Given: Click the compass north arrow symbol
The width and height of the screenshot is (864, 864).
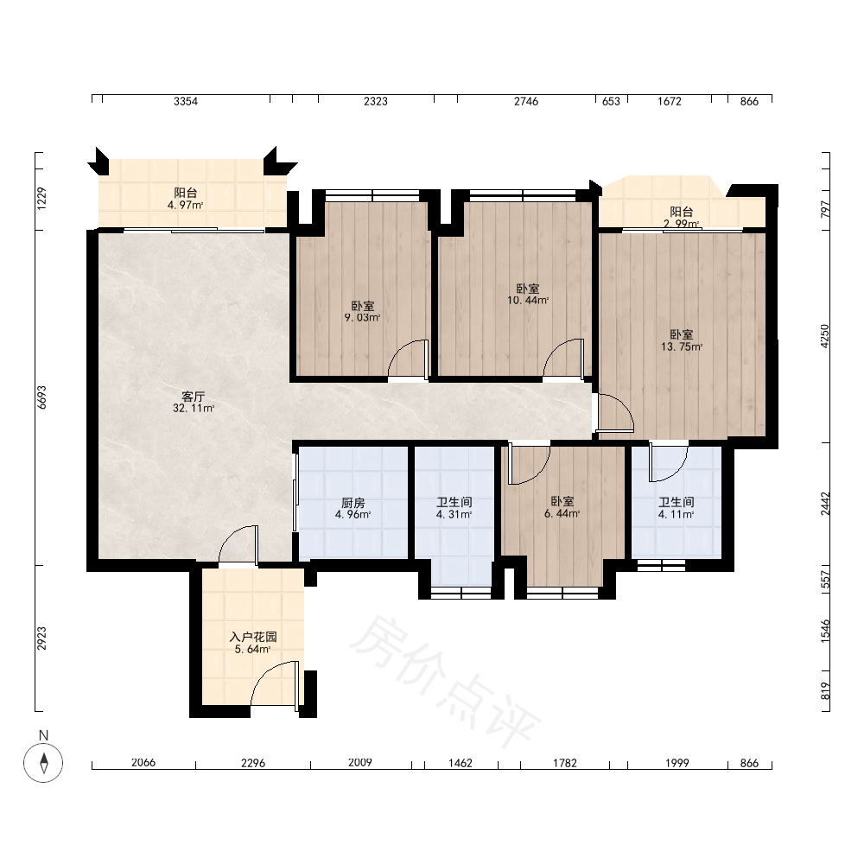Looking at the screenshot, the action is (43, 763).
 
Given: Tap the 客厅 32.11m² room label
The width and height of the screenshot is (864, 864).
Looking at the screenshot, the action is (194, 403).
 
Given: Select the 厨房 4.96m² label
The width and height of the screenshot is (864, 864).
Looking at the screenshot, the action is (353, 509).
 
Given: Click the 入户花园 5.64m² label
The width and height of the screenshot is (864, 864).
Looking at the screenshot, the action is (253, 643).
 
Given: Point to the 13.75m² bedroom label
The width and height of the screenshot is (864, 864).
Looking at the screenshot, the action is (682, 340).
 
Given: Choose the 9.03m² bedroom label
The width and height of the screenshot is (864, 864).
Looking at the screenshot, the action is (363, 311).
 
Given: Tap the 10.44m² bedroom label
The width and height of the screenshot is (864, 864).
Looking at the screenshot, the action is (528, 295).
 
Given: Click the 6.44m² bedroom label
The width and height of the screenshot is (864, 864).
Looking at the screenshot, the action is (562, 507).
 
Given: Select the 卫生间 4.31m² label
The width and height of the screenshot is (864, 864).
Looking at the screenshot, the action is (454, 508).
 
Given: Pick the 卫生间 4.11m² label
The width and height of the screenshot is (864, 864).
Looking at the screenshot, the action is (677, 508).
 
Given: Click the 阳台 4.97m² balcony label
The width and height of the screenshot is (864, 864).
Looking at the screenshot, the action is (186, 199).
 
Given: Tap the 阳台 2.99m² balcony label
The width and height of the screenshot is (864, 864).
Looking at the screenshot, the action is (682, 217).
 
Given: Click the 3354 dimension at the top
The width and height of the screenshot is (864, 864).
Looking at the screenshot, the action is (186, 101).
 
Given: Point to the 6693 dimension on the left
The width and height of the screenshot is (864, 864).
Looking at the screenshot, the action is (41, 397).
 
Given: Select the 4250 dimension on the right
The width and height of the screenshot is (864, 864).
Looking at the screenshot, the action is (825, 335).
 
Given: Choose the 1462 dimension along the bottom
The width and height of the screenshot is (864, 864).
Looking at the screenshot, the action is (461, 763).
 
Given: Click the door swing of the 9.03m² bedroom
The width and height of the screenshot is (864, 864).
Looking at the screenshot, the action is (409, 359).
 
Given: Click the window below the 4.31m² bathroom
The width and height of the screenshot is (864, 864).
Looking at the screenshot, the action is (461, 593).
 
